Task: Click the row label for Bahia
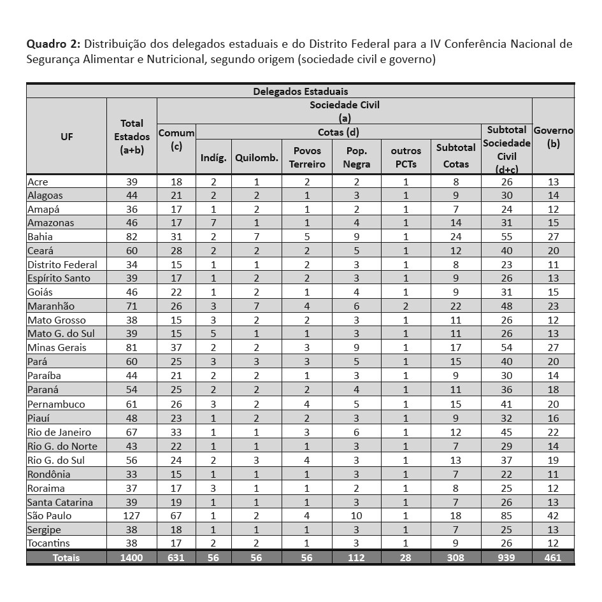[39, 237]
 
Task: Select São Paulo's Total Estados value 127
[132, 515]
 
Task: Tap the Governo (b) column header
[553, 136]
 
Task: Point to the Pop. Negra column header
[356, 157]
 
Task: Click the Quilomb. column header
[257, 158]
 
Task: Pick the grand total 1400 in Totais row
[132, 557]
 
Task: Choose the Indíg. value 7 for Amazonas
[213, 223]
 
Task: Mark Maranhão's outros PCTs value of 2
[406, 306]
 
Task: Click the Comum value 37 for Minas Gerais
[176, 348]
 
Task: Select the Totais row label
[66, 557]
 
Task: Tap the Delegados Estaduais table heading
[300, 92]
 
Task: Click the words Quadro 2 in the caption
[53, 45]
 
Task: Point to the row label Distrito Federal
[62, 264]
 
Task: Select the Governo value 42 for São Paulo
[553, 515]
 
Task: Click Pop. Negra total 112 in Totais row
[356, 557]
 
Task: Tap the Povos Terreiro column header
[307, 157]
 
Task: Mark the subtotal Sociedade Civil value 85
[506, 515]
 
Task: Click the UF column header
[66, 136]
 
